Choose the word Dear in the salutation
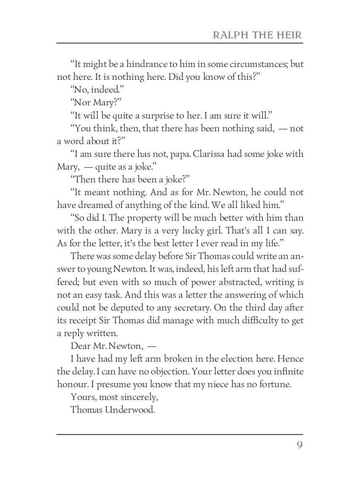[80, 346]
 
